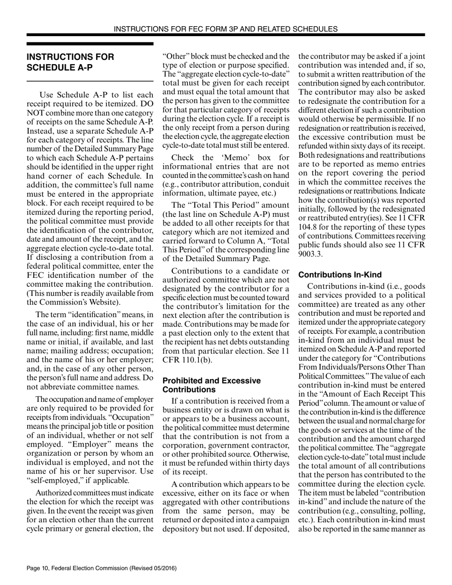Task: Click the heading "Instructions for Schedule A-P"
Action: click(x=70, y=62)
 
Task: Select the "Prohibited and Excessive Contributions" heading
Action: click(x=211, y=385)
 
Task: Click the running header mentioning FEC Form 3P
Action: click(x=226, y=29)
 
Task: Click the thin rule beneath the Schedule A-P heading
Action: click(x=90, y=81)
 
